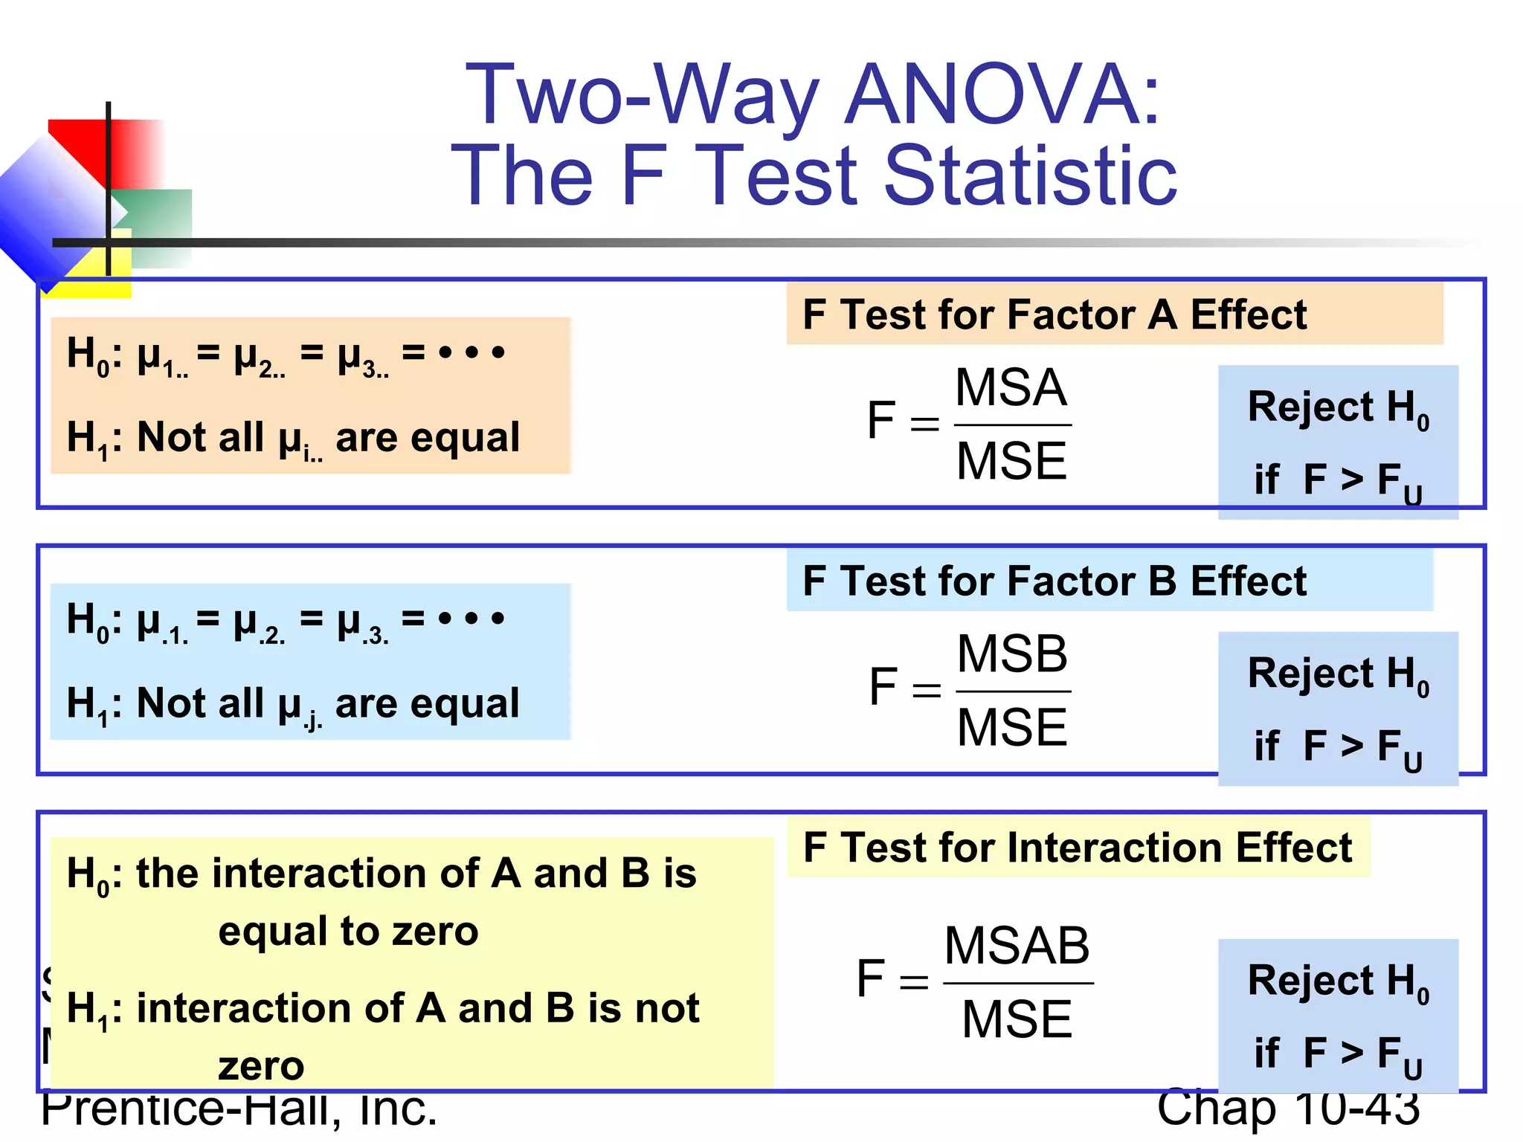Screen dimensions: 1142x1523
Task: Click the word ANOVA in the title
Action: point(1003,94)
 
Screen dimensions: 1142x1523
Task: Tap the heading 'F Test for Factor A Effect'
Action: point(1054,314)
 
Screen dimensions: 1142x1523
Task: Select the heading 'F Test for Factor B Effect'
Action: point(1054,581)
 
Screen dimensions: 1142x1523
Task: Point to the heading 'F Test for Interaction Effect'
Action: point(1077,848)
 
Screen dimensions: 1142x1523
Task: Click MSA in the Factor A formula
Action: point(1011,387)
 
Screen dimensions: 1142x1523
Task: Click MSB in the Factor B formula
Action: point(1012,654)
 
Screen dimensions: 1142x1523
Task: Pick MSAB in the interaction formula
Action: point(1017,946)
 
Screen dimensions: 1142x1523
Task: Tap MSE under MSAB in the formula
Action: point(1017,1019)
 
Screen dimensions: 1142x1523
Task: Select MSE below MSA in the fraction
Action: point(1011,461)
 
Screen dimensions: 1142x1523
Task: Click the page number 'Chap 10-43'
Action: point(1288,1108)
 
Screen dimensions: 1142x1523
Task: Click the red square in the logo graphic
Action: point(82,145)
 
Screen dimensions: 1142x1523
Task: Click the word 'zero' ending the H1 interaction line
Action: point(261,1067)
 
